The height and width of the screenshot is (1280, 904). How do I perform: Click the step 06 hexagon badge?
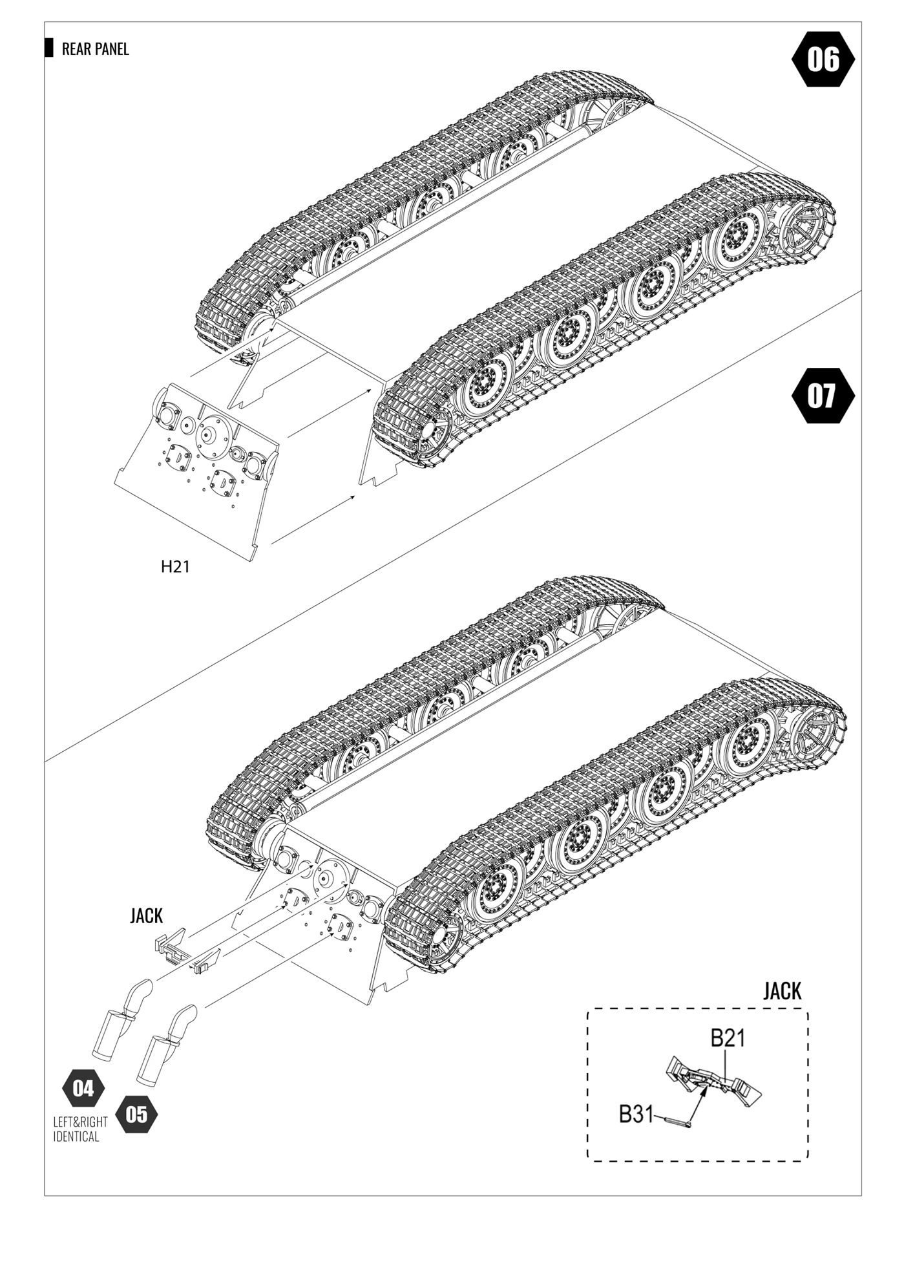tap(823, 59)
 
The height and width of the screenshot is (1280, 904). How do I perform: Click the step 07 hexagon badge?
tap(822, 396)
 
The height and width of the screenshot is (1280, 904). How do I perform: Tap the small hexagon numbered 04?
tap(83, 1088)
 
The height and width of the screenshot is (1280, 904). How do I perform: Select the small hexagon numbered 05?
tap(136, 1115)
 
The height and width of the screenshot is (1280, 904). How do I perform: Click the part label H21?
tap(175, 567)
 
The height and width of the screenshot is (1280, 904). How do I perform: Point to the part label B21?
tap(728, 1038)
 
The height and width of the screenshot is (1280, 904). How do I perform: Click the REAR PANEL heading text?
tap(95, 49)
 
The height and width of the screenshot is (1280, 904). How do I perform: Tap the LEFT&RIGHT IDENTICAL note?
tap(79, 1129)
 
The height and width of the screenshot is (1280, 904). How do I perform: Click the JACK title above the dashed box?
tap(782, 992)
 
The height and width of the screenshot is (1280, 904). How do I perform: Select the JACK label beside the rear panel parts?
tap(147, 916)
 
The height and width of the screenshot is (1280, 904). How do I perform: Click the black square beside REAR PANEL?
tap(49, 48)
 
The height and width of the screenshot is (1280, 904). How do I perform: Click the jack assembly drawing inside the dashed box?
tap(714, 1082)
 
